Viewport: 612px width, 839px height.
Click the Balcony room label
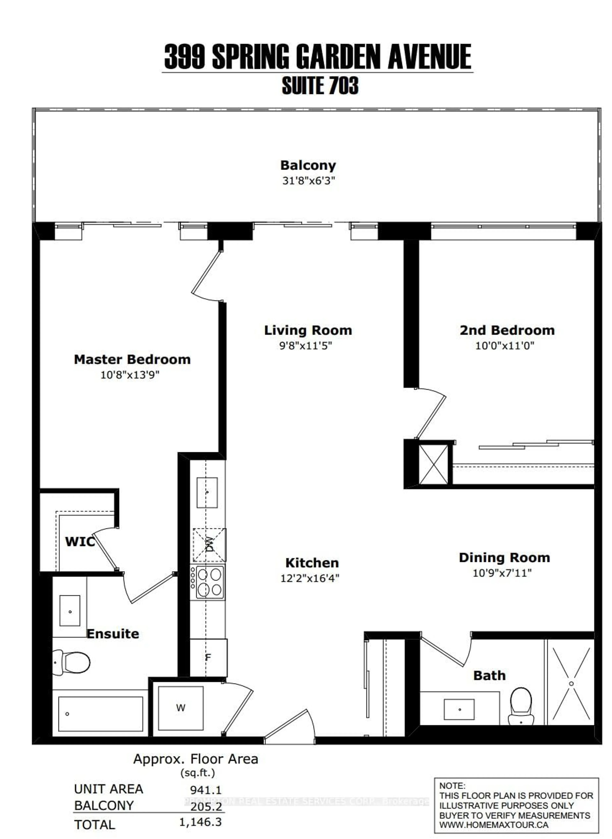(308, 165)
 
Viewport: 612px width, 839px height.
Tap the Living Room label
(308, 330)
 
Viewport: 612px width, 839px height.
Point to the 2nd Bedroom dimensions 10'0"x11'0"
(505, 346)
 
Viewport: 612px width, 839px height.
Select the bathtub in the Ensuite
(100, 714)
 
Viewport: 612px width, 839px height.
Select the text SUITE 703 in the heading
(320, 86)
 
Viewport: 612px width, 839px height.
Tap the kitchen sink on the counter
(207, 492)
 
